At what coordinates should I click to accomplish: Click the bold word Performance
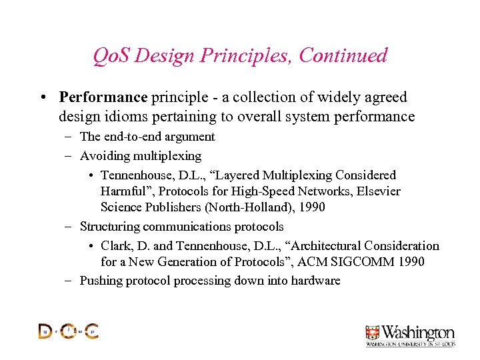pyautogui.click(x=103, y=97)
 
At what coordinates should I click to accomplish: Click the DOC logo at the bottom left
pyautogui.click(x=68, y=331)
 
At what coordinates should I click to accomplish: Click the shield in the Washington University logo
pyautogui.click(x=372, y=333)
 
